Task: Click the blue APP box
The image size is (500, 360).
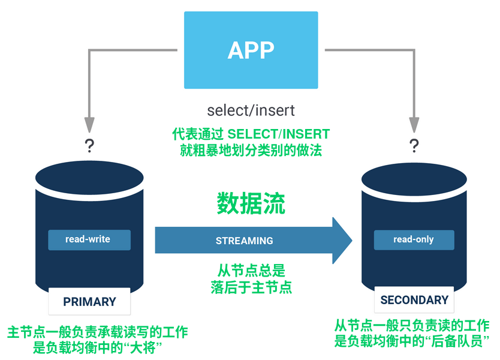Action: click(x=251, y=50)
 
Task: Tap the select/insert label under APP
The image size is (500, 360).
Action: click(x=251, y=111)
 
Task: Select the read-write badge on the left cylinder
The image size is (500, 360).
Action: click(x=89, y=239)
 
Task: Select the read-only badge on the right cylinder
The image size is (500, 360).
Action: click(x=414, y=239)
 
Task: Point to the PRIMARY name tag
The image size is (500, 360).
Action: click(x=89, y=302)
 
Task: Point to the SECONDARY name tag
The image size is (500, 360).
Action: click(x=414, y=300)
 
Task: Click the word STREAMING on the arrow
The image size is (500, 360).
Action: click(x=244, y=241)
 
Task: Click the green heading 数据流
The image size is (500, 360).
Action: click(x=251, y=203)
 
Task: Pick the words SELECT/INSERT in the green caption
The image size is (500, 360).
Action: click(x=279, y=133)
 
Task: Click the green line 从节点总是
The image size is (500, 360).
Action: click(x=251, y=271)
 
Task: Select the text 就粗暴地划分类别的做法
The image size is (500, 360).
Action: click(x=251, y=150)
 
